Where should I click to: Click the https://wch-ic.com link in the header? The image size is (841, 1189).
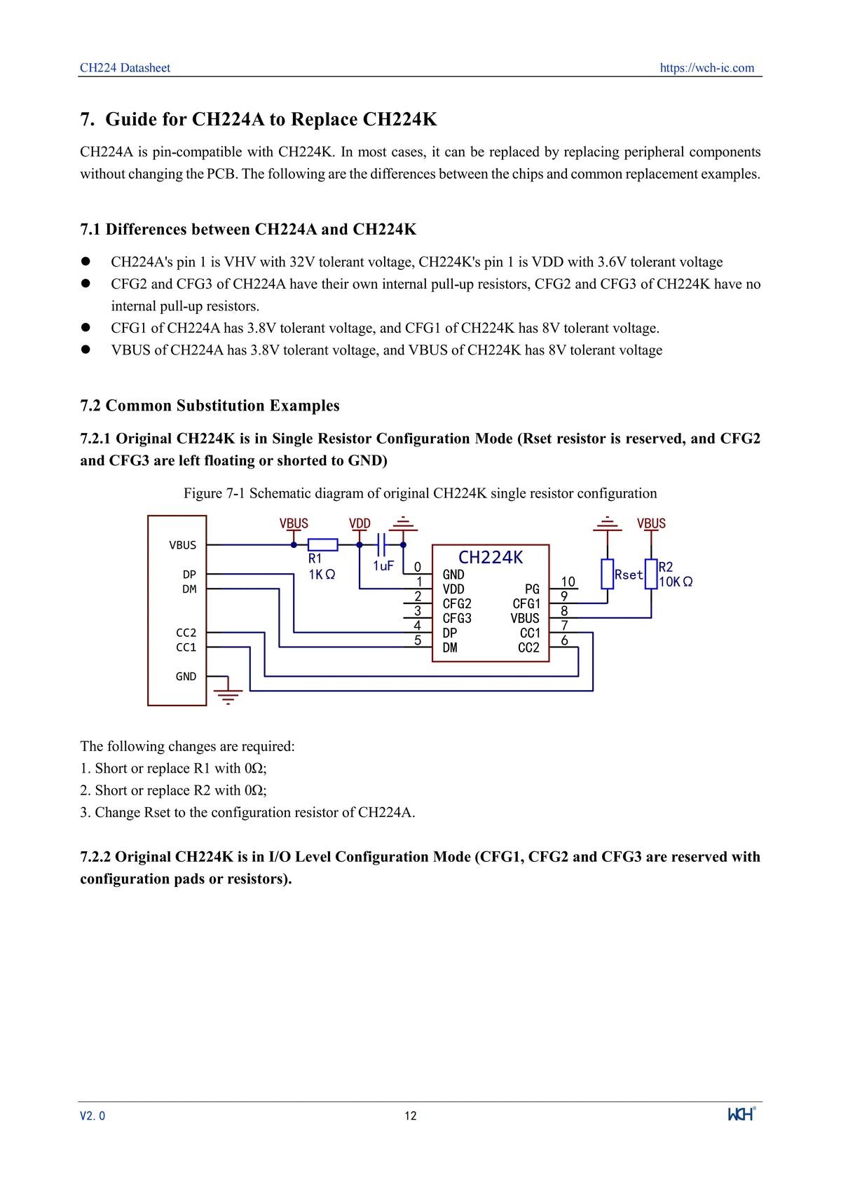tap(706, 68)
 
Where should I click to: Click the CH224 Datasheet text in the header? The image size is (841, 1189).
tap(125, 68)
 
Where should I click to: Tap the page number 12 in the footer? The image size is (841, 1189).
tap(411, 1116)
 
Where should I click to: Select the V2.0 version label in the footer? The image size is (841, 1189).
tap(93, 1116)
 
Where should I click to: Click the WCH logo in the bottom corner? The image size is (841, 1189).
tap(741, 1114)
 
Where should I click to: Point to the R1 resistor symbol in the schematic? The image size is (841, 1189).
tap(323, 544)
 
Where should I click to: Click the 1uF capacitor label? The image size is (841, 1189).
tap(383, 565)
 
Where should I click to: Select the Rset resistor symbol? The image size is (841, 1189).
tap(608, 574)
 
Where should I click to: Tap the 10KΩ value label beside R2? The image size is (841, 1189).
tap(676, 582)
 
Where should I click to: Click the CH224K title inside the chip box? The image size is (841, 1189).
tap(491, 558)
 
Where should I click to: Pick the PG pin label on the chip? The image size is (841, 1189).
tap(533, 589)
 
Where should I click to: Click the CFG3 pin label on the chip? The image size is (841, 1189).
tap(457, 618)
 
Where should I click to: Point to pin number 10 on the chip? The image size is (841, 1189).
tap(568, 582)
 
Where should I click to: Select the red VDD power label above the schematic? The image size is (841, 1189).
tap(360, 523)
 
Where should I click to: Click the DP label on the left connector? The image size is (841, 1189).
tap(189, 575)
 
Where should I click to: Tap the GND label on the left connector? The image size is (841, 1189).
tap(186, 676)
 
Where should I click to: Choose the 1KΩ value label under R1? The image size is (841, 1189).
tap(322, 575)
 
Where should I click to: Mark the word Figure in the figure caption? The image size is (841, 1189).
tap(203, 493)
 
